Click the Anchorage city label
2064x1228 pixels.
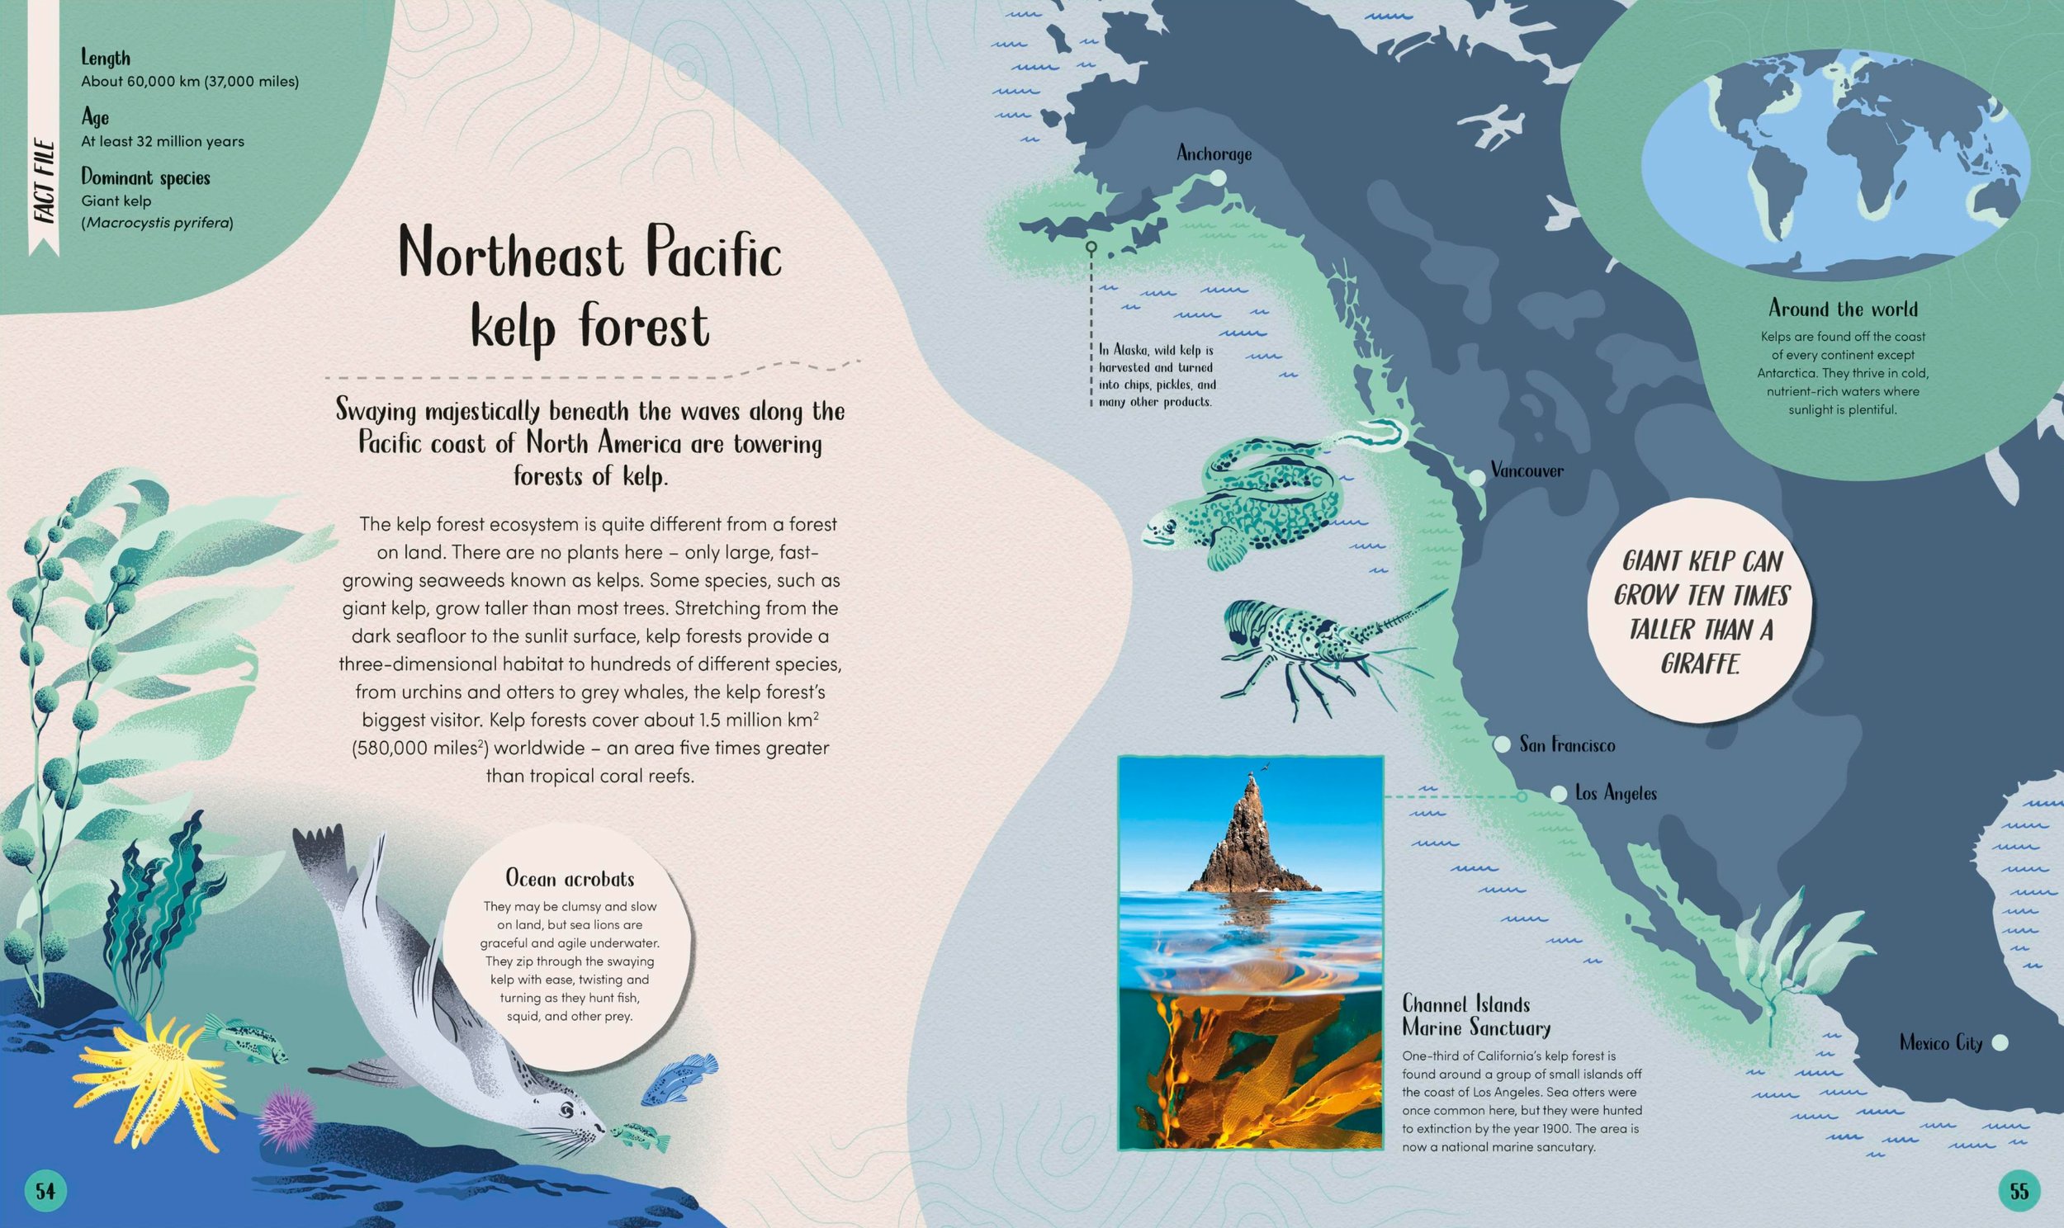pos(1214,154)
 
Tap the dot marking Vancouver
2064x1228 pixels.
pos(1476,478)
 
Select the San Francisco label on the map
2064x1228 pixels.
pos(1567,744)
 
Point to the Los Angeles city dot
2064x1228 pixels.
pos(1559,794)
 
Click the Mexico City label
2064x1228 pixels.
pos(1941,1042)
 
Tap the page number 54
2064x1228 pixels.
pos(45,1191)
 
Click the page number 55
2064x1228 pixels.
pos(2019,1191)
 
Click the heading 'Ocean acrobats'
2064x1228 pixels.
pos(570,878)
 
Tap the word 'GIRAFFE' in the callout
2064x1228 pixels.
pos(1698,664)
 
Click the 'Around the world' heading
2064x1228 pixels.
pos(1842,309)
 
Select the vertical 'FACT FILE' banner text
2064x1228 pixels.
pos(44,182)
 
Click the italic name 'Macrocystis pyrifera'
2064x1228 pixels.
pos(157,223)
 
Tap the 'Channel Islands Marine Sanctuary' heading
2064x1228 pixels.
pos(1475,1016)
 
